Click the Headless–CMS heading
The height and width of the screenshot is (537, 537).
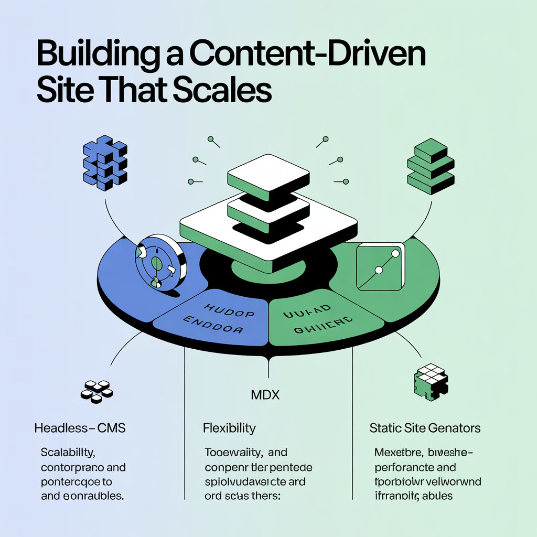click(x=80, y=428)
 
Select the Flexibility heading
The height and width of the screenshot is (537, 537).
click(x=229, y=428)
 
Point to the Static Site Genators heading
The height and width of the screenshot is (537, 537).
click(x=425, y=428)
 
